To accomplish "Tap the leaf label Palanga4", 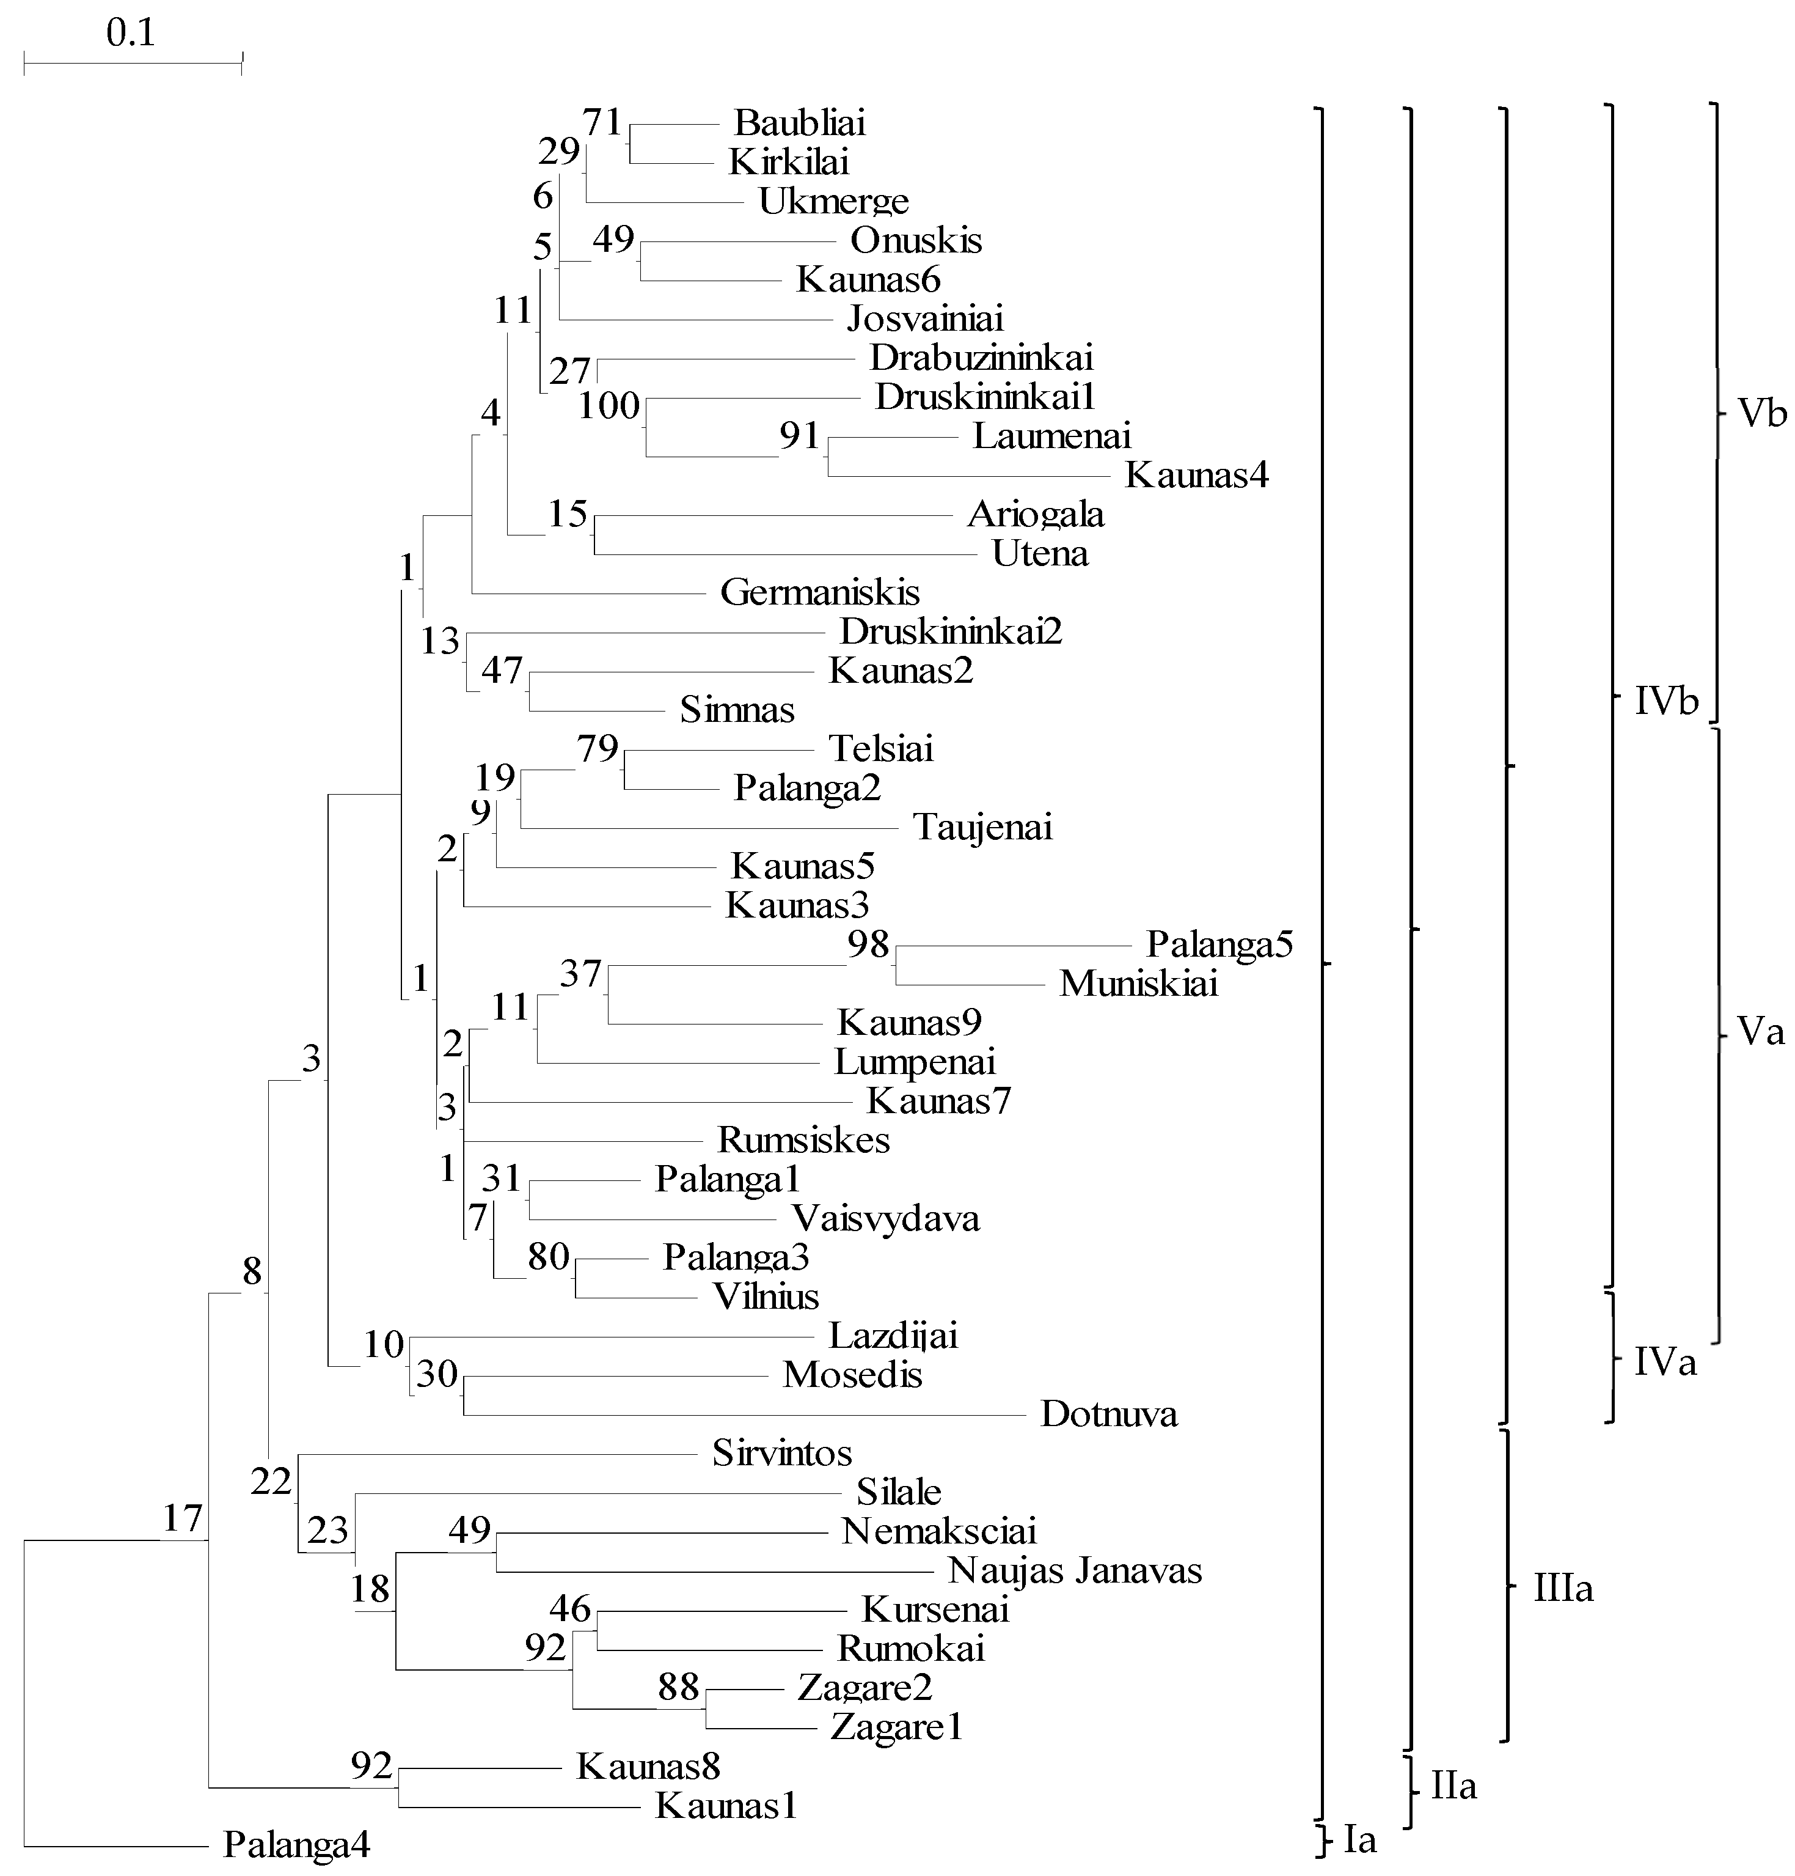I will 296,1844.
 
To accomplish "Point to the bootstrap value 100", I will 609,406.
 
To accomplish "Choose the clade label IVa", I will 1665,1361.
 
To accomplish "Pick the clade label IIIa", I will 1563,1589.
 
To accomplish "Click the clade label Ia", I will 1359,1839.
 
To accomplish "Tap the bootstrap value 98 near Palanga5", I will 868,944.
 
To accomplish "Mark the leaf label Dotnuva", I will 1109,1414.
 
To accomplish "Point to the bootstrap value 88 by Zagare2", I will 678,1687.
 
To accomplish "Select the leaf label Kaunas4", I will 1196,475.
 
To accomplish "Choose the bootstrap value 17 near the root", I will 182,1518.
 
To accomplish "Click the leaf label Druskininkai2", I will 951,631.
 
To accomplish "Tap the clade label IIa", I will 1453,1785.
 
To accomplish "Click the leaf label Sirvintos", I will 782,1453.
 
